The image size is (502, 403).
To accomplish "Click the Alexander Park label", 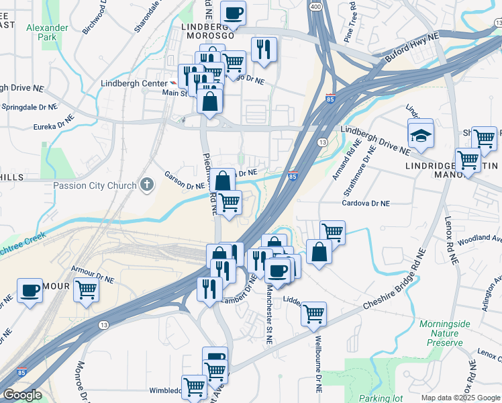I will point(47,32).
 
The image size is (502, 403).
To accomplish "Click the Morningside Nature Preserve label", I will point(441,333).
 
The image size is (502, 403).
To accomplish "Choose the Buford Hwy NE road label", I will point(411,48).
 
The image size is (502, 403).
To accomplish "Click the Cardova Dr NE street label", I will point(366,202).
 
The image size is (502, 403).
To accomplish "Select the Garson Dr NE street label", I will point(185,179).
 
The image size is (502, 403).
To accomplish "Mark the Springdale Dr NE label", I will point(29,107).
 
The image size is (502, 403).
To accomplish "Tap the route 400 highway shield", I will point(315,5).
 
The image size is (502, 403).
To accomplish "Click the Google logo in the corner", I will point(21,395).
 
